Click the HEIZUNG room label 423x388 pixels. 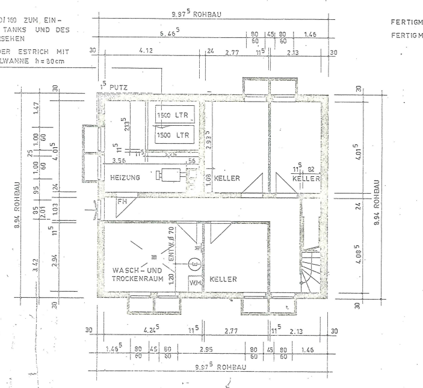[x=125, y=178]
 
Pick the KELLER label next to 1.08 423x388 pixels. [x=229, y=179]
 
